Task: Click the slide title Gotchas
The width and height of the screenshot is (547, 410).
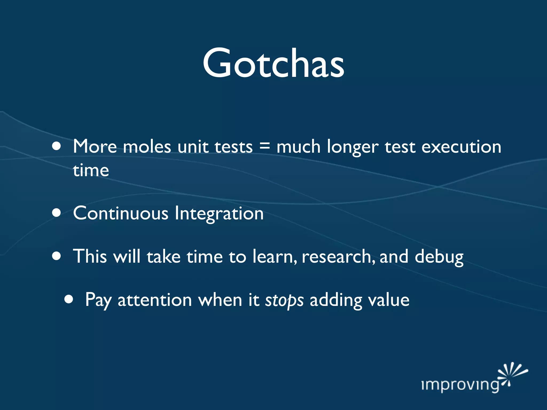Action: pos(273,63)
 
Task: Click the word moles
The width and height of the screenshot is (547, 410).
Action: pos(147,147)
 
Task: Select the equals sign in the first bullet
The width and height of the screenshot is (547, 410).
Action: pos(264,146)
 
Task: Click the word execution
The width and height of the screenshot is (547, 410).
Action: pos(461,147)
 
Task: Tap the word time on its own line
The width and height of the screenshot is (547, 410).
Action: pos(91,170)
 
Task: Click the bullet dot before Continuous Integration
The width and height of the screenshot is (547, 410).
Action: pos(57,213)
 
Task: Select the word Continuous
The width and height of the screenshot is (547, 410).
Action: pos(121,213)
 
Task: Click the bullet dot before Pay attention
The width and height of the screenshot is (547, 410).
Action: pos(69,299)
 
